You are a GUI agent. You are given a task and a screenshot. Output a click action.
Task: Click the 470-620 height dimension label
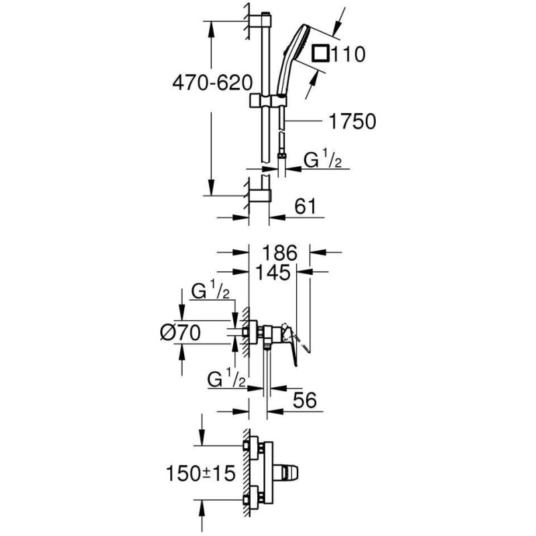click(x=212, y=82)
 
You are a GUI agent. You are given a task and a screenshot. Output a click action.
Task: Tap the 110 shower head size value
click(x=348, y=54)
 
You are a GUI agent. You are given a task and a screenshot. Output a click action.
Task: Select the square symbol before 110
click(x=321, y=54)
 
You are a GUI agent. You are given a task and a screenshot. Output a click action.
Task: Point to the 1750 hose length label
click(x=352, y=121)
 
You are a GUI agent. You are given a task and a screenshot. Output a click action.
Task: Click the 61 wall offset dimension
click(x=306, y=206)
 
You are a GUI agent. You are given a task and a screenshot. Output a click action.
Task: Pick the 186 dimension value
click(x=280, y=253)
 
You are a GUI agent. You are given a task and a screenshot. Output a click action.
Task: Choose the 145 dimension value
click(x=273, y=273)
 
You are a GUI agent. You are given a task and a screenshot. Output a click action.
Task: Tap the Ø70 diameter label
click(x=180, y=332)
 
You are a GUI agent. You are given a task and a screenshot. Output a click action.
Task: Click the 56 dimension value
click(x=305, y=399)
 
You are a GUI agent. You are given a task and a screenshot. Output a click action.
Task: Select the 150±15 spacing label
click(x=200, y=474)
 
